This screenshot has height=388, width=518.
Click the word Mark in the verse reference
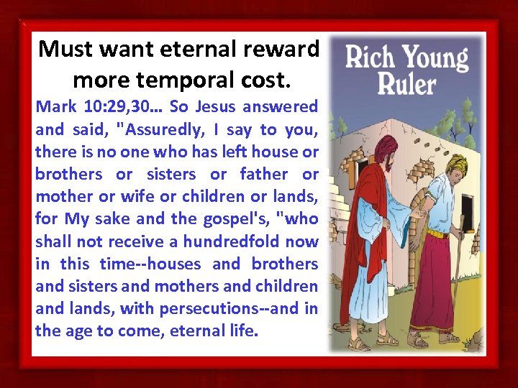pyautogui.click(x=54, y=107)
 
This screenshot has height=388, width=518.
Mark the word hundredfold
pyautogui.click(x=233, y=241)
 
